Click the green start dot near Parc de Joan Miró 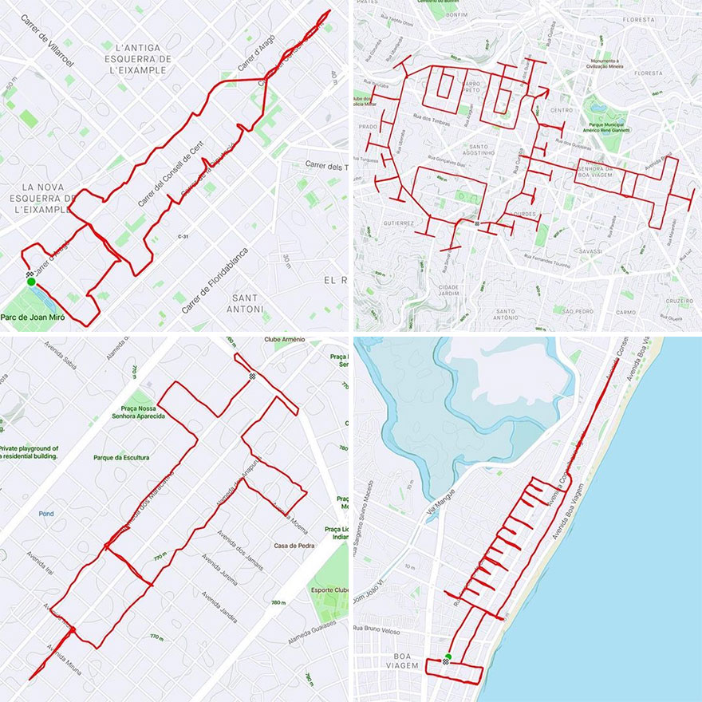[30, 282]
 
